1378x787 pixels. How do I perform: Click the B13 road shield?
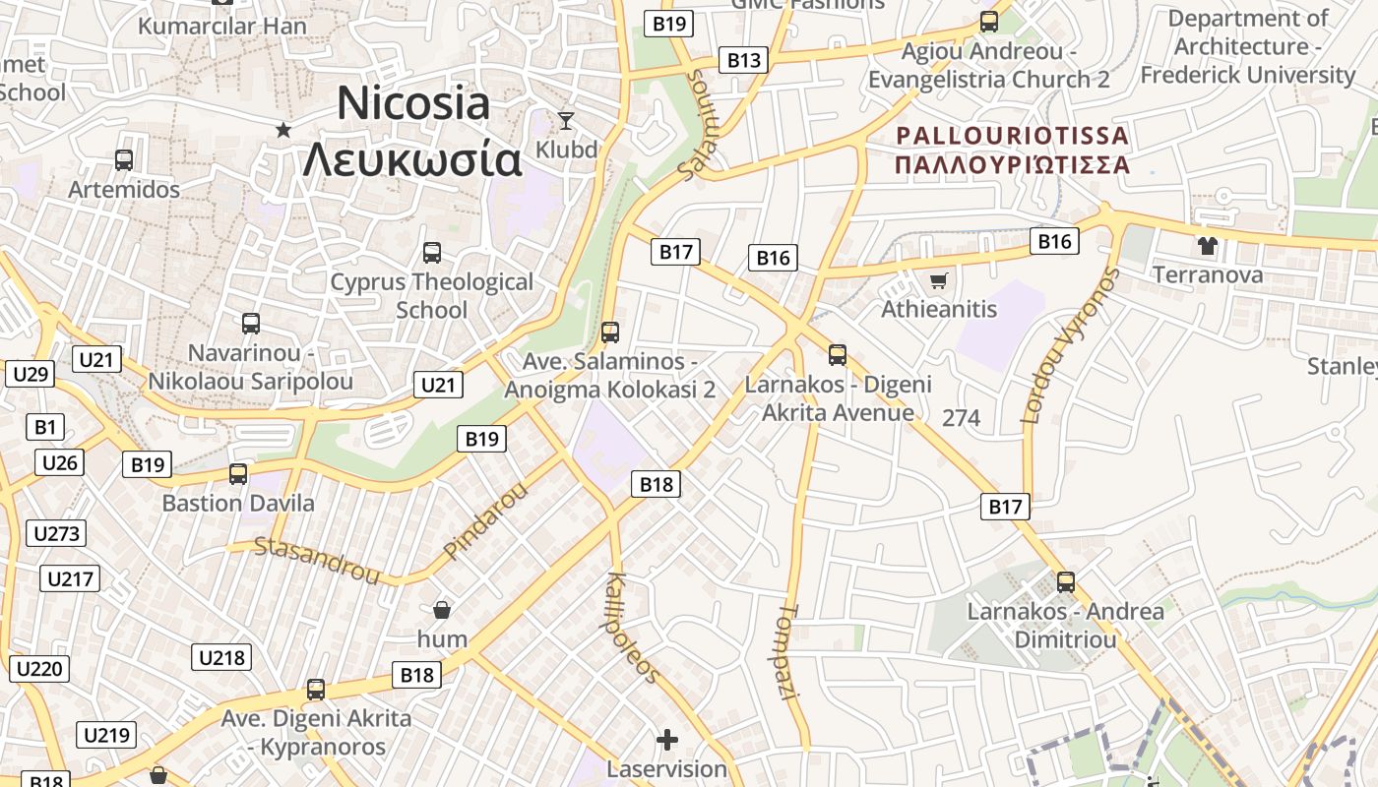744,60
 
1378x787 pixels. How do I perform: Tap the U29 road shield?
31,374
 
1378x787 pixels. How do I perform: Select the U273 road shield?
56,533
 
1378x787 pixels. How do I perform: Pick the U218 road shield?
221,657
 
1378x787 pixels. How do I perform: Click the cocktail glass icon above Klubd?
566,121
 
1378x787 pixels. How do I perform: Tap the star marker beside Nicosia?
283,129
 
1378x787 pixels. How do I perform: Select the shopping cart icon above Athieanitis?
939,281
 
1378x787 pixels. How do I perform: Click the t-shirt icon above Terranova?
1208,246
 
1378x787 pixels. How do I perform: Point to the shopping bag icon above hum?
443,610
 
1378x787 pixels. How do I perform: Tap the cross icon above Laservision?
667,739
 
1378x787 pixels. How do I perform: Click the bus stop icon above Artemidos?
124,160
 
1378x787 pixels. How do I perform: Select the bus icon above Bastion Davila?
238,474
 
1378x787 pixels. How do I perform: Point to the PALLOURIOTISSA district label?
1012,135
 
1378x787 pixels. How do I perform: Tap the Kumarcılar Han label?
223,26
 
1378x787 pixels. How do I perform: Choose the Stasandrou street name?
317,560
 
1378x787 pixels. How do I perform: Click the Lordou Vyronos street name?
1072,344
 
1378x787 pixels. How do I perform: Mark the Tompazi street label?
790,652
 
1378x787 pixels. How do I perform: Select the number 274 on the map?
962,418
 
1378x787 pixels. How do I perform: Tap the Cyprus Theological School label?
431,295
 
